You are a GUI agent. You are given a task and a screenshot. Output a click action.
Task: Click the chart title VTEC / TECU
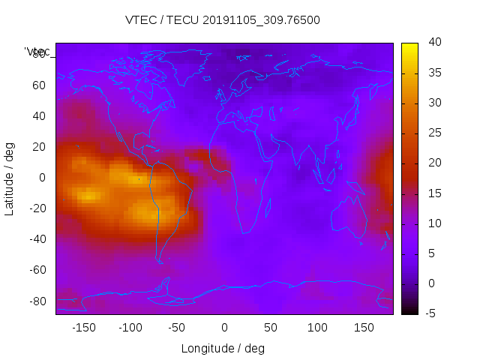223,20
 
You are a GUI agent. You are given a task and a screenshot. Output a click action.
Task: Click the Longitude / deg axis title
223,349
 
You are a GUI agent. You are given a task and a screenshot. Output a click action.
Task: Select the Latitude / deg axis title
10,178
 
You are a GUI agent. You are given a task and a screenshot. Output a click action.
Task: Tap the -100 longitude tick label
130,328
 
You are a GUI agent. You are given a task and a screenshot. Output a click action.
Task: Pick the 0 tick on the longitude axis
224,328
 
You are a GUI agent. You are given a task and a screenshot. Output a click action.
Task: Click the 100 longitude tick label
318,328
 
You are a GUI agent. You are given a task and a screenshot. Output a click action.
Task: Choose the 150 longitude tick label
364,328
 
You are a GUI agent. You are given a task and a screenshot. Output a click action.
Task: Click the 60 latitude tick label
38,85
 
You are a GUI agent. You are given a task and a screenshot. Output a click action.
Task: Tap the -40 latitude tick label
36,239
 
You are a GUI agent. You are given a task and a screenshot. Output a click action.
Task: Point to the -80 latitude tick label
36,301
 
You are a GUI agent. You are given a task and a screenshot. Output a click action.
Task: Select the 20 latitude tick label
38,147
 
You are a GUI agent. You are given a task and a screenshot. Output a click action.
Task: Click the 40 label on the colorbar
433,43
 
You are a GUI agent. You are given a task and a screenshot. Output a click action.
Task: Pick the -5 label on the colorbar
430,313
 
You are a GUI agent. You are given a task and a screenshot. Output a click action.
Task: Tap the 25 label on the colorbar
433,133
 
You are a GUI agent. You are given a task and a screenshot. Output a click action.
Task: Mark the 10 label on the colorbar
433,223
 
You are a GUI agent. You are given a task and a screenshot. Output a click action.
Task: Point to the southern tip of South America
160,261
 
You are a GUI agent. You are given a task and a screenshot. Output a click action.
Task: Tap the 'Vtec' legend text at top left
37,52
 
